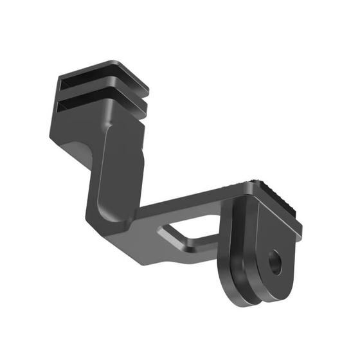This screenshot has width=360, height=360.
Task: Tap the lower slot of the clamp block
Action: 96,104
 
